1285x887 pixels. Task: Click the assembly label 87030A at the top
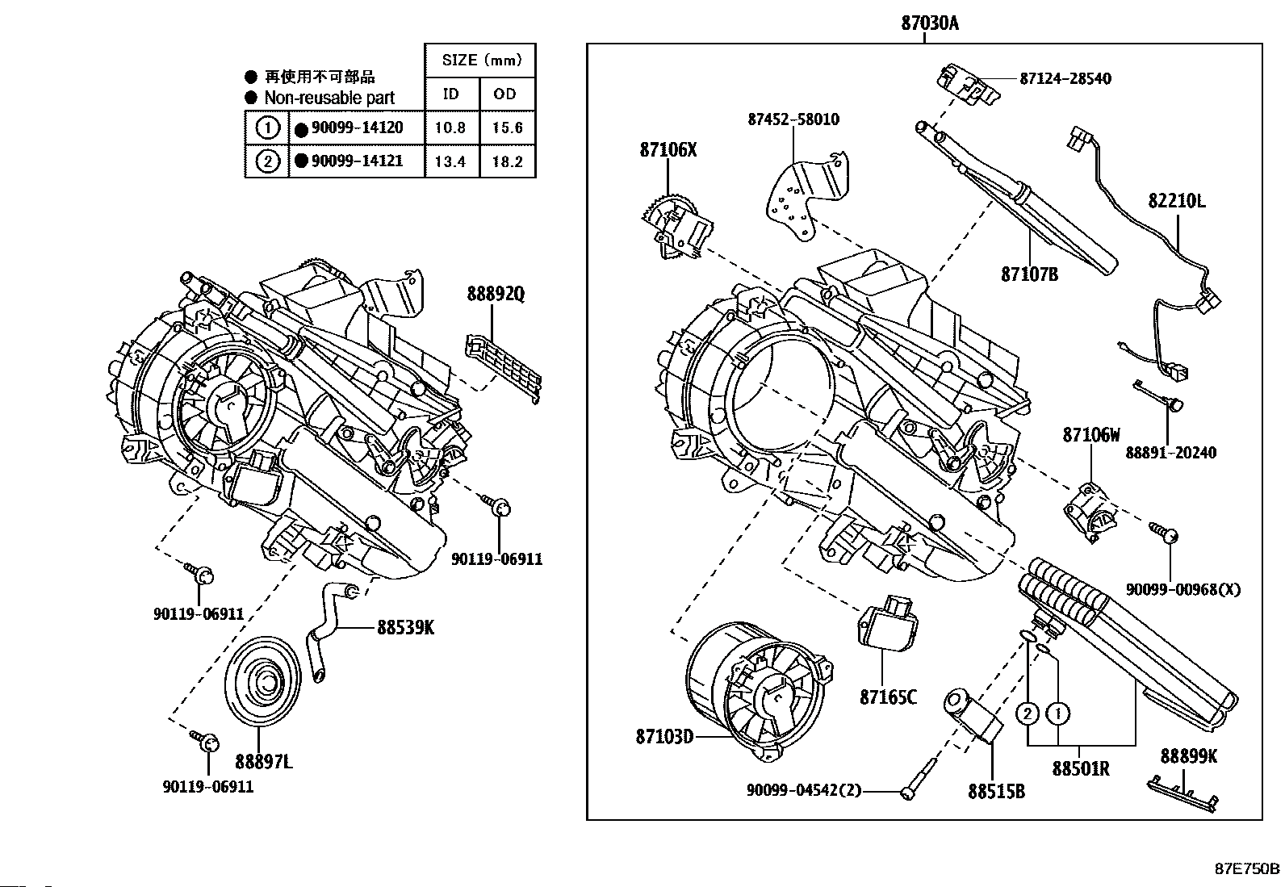(930, 23)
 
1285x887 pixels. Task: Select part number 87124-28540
(1065, 78)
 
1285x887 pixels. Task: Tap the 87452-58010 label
(793, 119)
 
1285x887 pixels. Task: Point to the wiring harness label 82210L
(1177, 201)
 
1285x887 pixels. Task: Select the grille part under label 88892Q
(503, 368)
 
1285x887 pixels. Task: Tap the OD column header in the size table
(504, 94)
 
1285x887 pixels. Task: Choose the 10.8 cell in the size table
(450, 128)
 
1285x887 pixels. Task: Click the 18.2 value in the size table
(507, 161)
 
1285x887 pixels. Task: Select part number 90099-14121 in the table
(357, 161)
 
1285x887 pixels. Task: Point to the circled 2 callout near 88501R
(1028, 713)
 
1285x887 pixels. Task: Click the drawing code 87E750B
(1246, 868)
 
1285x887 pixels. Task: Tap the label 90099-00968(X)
(1182, 589)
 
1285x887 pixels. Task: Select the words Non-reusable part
(329, 98)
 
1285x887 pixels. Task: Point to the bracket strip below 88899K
(1182, 793)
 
